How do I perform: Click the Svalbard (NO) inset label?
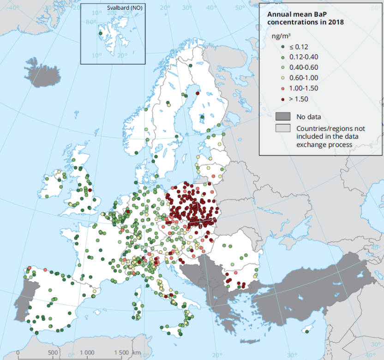(x=125, y=8)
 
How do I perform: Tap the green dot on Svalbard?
(x=100, y=33)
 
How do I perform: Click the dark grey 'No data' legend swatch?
(x=283, y=116)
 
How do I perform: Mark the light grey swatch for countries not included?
(x=283, y=128)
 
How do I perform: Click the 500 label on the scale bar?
(x=53, y=353)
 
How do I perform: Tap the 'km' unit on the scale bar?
(x=137, y=353)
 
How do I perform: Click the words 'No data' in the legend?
(x=308, y=116)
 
